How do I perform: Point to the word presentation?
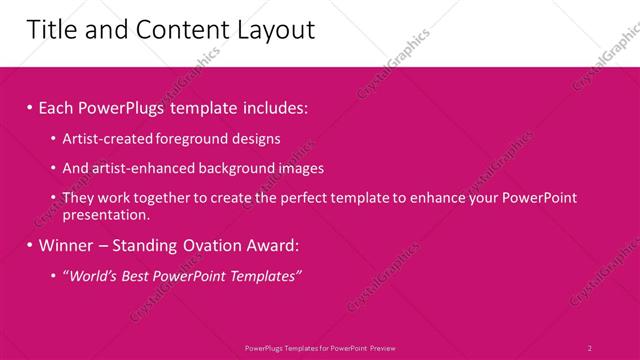pyautogui.click(x=106, y=214)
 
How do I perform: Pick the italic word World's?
pyautogui.click(x=92, y=275)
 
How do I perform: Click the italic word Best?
pyautogui.click(x=136, y=275)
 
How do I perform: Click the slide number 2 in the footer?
pyautogui.click(x=589, y=347)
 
